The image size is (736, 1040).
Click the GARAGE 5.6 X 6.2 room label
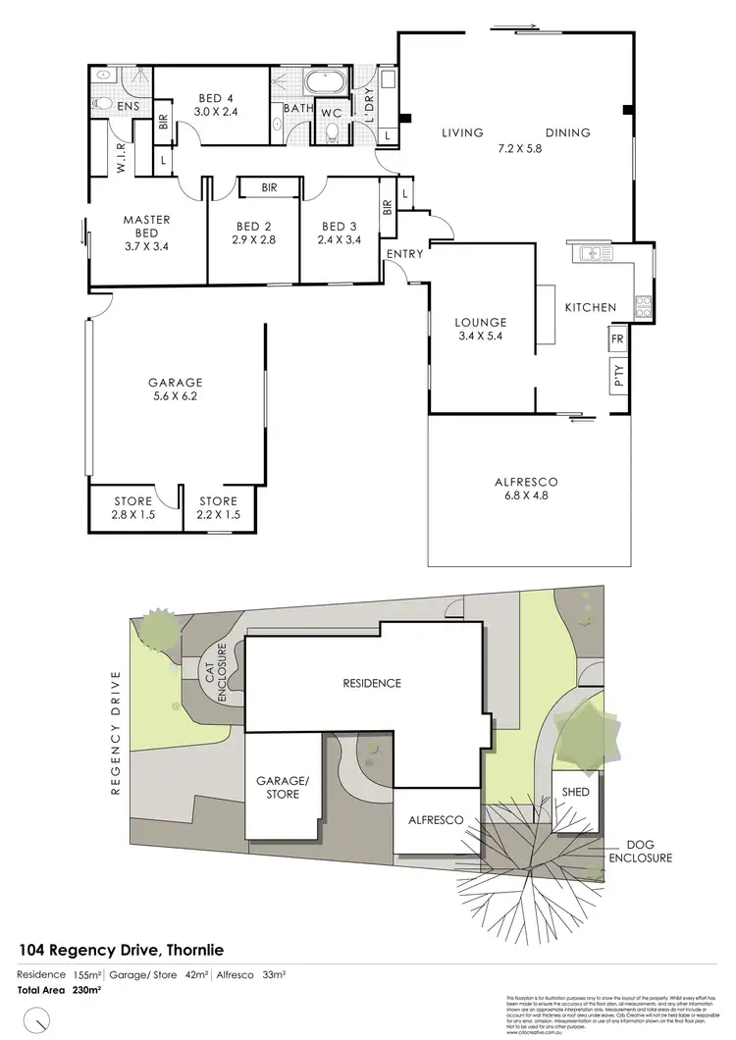(x=175, y=390)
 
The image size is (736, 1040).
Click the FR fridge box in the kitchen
(x=617, y=339)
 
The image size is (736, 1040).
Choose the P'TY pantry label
(x=618, y=377)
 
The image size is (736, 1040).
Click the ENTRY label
(x=404, y=254)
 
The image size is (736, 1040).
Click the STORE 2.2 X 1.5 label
(x=217, y=508)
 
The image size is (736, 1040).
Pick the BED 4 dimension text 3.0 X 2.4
(x=216, y=112)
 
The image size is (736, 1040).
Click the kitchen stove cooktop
(x=644, y=307)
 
